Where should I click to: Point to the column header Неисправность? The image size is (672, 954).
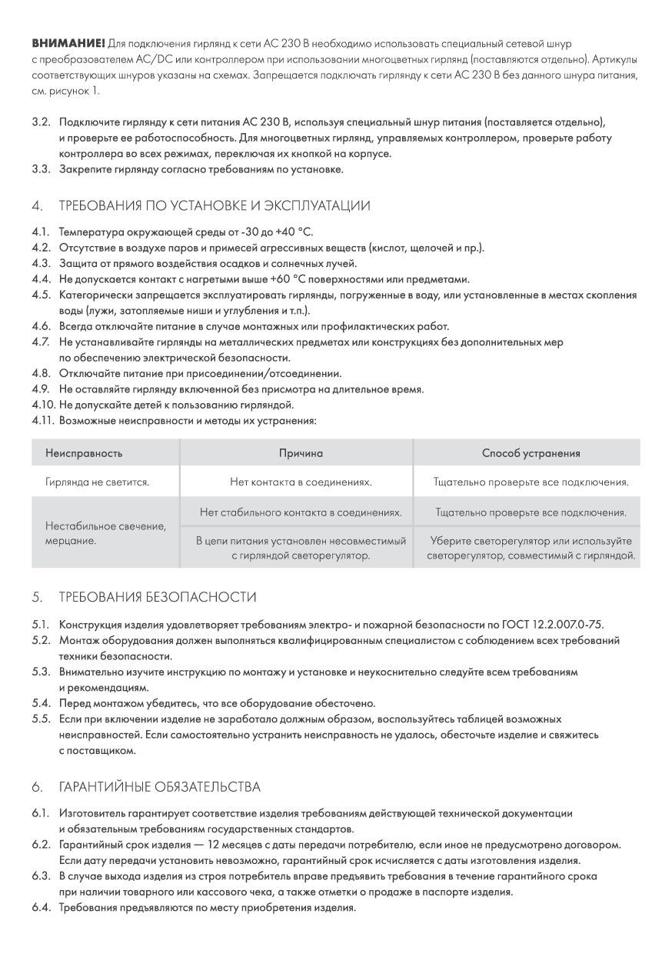84,453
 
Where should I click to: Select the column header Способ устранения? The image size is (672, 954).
531,453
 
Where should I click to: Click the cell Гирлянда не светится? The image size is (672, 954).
97,482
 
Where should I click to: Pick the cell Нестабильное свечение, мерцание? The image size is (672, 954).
105,533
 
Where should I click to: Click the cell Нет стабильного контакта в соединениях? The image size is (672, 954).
301,512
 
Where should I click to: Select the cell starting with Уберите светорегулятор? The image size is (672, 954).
531,547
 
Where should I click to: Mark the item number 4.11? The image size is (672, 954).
43,421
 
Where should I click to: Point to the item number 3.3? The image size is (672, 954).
41,169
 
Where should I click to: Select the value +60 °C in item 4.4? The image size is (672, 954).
291,279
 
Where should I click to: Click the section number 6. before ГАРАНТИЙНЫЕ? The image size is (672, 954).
37,786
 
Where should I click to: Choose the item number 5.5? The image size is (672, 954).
41,719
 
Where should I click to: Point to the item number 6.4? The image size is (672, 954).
41,908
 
